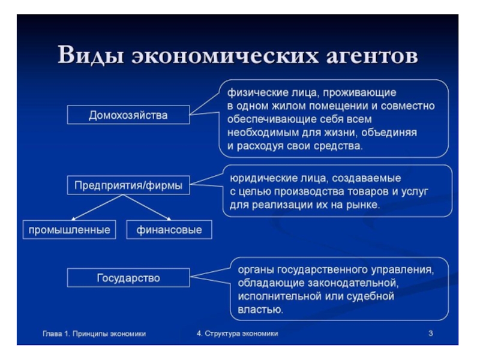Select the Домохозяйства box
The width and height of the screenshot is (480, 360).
(128, 115)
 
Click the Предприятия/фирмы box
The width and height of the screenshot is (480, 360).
(128, 185)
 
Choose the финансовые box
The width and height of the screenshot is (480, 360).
(169, 230)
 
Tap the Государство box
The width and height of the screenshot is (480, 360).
(128, 278)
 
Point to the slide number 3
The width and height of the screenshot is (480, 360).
(431, 333)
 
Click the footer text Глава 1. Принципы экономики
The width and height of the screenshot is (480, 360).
(94, 333)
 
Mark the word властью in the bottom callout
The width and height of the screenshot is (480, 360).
(260, 309)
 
